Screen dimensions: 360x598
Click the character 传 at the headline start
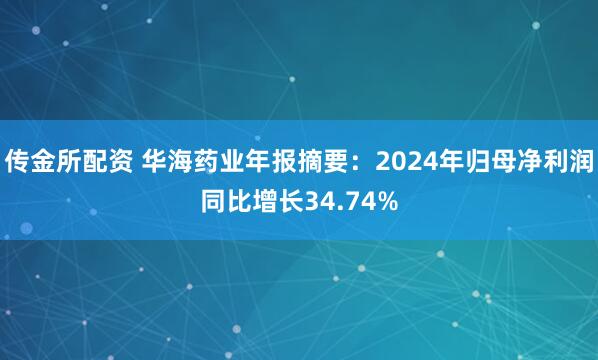tap(18, 158)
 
